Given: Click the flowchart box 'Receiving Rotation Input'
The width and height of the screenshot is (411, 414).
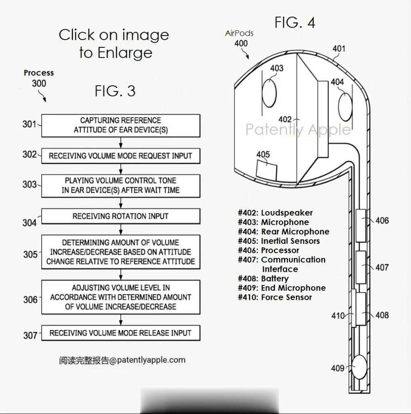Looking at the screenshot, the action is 121,216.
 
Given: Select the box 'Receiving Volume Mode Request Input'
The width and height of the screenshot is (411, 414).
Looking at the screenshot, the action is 121,156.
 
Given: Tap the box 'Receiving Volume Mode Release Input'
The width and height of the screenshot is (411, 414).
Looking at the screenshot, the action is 121,333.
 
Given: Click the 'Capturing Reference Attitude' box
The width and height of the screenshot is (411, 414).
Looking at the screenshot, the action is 121,125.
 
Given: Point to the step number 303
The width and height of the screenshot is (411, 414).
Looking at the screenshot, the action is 29,184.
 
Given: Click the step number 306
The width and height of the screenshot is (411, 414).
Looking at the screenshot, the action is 30,300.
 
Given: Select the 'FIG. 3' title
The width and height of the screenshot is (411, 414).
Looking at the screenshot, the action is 115,91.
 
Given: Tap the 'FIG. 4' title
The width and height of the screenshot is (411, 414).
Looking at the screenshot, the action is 295,23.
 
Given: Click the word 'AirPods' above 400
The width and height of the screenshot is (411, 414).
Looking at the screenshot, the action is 239,33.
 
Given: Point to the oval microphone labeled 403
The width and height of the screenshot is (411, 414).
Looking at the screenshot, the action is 269,93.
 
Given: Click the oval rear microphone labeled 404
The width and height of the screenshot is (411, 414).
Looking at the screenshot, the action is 345,107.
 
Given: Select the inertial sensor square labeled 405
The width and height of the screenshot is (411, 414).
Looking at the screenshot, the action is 267,171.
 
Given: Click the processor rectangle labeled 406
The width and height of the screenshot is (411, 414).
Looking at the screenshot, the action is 361,226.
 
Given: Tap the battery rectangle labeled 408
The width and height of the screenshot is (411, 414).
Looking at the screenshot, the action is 361,308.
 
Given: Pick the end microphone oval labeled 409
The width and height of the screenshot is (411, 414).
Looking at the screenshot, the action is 360,367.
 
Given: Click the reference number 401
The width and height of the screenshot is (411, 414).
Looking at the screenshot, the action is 339,49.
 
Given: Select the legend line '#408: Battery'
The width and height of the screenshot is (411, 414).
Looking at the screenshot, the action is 263,279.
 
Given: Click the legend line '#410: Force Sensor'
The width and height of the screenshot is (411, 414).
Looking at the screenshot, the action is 275,297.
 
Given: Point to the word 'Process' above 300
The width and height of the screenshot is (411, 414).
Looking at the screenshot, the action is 39,73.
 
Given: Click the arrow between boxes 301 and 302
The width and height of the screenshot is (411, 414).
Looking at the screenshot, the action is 121,143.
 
